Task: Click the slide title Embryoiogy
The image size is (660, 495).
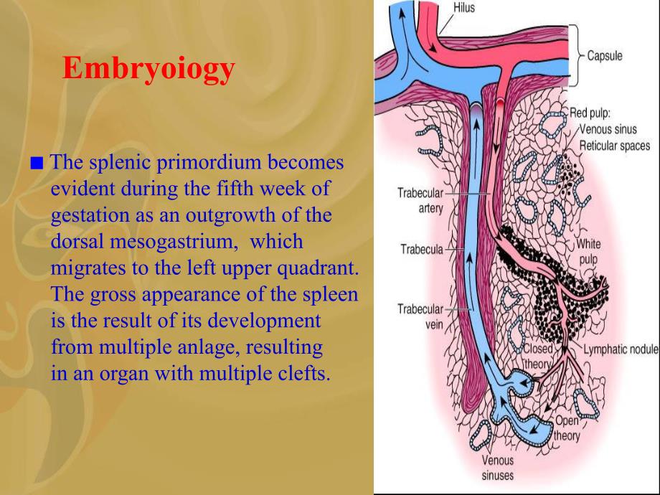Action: (x=148, y=68)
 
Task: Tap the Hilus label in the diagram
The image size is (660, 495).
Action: (x=464, y=8)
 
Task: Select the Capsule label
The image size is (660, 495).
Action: (x=605, y=55)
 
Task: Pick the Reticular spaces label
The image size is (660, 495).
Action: (x=615, y=146)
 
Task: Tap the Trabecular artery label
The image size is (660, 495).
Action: (x=420, y=200)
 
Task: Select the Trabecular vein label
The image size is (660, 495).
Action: (x=420, y=316)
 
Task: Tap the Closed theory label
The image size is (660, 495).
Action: (x=538, y=356)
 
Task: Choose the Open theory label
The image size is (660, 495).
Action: (x=567, y=428)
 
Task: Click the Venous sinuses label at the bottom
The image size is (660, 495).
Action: (x=498, y=468)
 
